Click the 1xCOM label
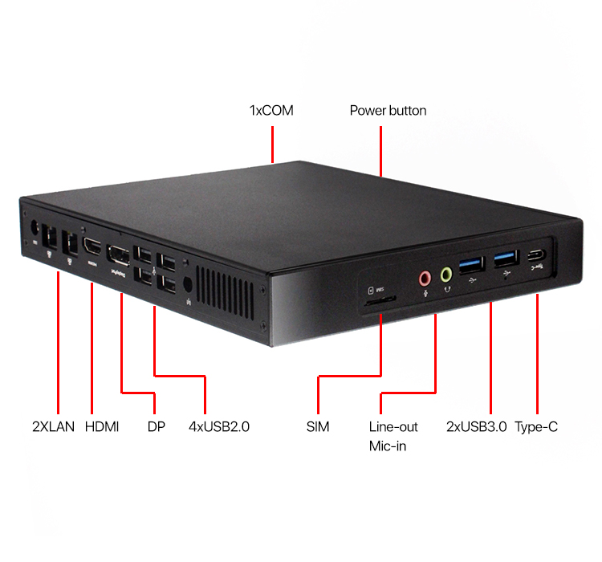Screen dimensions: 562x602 pos(271,110)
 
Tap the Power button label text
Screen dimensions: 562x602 pos(388,110)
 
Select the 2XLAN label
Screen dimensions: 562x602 pos(54,426)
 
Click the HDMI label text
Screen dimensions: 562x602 pos(102,426)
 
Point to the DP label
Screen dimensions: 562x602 pos(157,426)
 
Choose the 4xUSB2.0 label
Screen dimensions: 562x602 pos(219,426)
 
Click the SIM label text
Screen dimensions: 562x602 pos(318,426)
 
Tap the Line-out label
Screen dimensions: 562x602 pos(393,426)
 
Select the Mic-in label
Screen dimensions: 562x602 pos(388,446)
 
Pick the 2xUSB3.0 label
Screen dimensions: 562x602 pos(476,426)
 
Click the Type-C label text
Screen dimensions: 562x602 pos(536,426)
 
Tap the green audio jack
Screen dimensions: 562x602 pos(446,275)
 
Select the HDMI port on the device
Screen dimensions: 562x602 pos(92,247)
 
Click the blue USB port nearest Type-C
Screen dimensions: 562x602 pos(505,259)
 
